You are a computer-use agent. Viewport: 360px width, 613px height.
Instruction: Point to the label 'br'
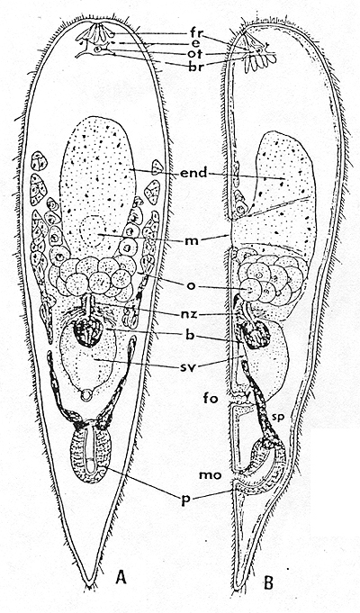tap(193, 65)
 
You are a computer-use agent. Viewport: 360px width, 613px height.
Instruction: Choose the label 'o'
tap(191, 285)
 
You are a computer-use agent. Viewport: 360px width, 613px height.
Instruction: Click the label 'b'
tap(192, 335)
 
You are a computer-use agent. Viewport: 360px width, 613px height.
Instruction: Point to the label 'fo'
tap(208, 400)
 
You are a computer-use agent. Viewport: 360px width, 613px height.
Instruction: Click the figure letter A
tap(121, 577)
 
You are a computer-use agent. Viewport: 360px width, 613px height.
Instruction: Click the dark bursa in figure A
tap(87, 331)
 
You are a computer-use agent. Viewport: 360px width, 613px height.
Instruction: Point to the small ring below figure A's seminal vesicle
tap(85, 396)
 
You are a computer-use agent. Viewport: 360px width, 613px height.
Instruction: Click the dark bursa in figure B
tap(256, 335)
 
